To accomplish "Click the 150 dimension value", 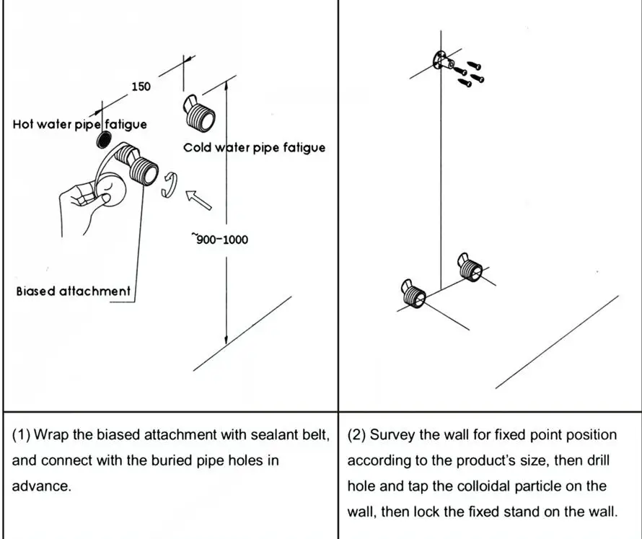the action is [141, 87].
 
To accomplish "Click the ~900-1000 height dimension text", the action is [219, 239].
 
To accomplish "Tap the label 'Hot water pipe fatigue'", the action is [79, 124].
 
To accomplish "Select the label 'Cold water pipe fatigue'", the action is [254, 147].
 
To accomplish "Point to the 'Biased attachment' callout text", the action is [73, 291].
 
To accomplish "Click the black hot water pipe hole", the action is [104, 140].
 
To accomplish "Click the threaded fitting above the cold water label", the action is [199, 113].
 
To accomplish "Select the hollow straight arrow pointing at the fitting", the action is [198, 200].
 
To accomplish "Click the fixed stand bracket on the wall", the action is [443, 62].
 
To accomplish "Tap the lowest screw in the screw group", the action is [465, 83].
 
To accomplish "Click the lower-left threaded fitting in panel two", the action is [413, 293].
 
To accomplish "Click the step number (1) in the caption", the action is [21, 434].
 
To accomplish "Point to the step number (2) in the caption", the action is [356, 434].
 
